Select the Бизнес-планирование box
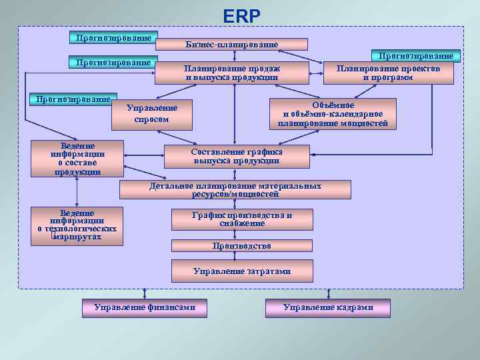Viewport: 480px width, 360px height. tap(231, 44)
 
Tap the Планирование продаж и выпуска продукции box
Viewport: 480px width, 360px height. tap(233, 73)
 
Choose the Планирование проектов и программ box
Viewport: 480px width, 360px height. tap(387, 73)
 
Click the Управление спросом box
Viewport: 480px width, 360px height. tap(151, 113)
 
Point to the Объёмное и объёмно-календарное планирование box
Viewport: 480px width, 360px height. tap(333, 113)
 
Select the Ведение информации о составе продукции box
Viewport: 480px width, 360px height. tap(77, 159)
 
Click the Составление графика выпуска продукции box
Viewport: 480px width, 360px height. tap(237, 156)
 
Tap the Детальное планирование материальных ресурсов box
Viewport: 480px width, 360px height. tap(235, 190)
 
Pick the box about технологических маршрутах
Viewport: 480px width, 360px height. tap(77, 225)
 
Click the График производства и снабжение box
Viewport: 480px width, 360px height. tap(241, 219)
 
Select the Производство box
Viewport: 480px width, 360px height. tap(241, 246)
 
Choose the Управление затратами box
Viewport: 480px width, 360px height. tap(241, 271)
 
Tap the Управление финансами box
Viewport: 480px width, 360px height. tap(144, 307)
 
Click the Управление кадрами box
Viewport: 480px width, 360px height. tap(327, 307)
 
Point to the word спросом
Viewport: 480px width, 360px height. tap(151, 119)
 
